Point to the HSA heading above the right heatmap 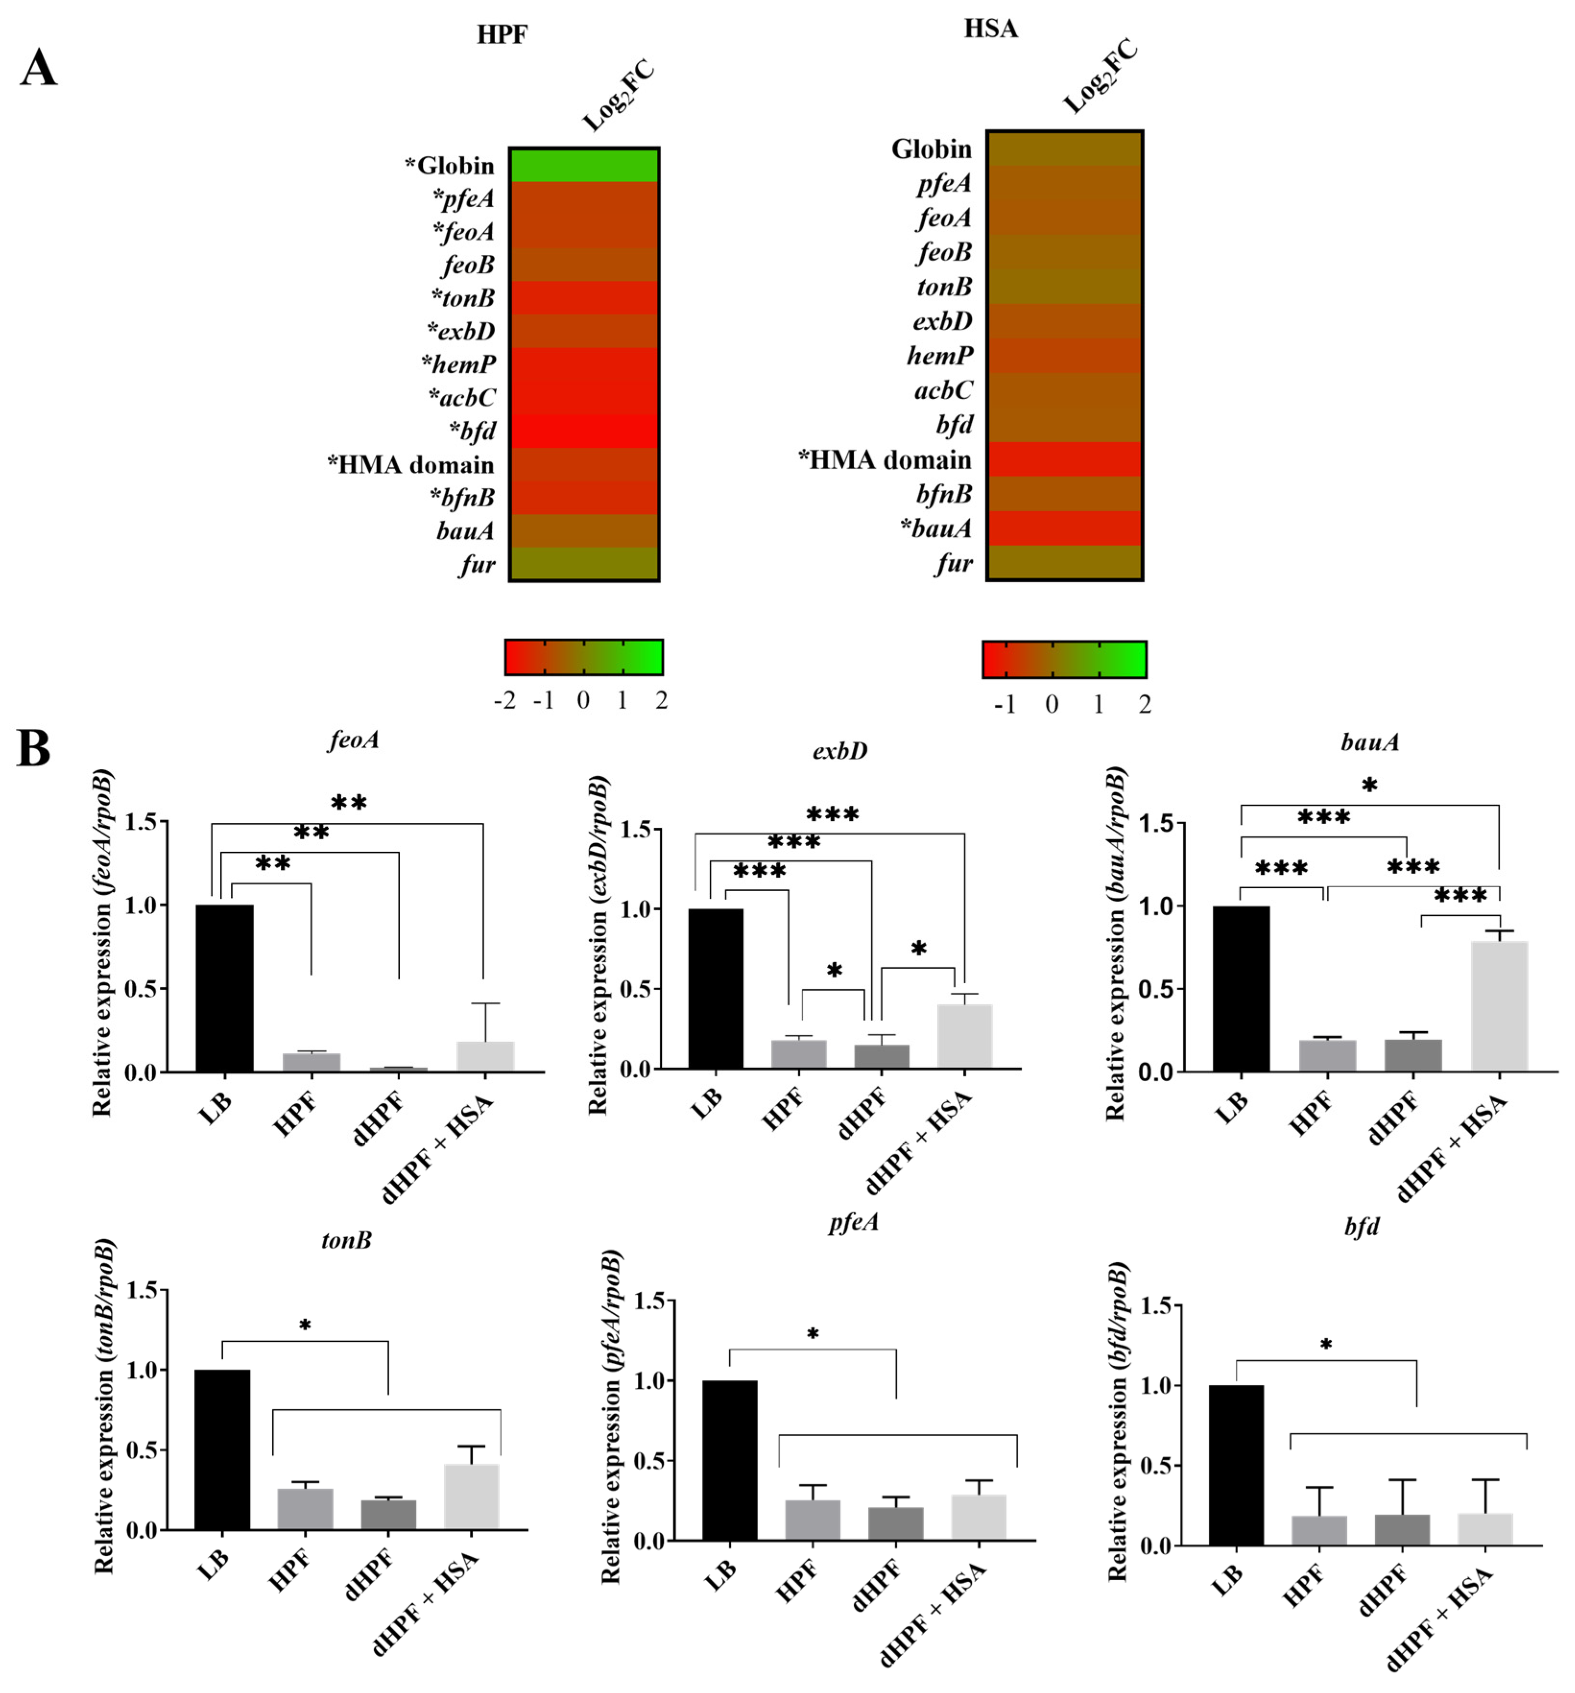[x=990, y=28]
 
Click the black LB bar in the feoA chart [x=224, y=988]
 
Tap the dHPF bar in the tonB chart [x=388, y=1514]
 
